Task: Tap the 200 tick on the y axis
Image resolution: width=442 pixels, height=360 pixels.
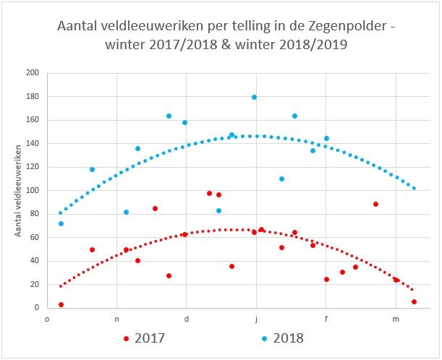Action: pyautogui.click(x=33, y=73)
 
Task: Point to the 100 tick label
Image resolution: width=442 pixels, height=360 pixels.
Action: pyautogui.click(x=33, y=191)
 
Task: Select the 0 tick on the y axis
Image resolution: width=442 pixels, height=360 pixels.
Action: pyautogui.click(x=36, y=308)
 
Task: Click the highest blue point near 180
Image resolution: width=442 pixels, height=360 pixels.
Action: pyautogui.click(x=254, y=97)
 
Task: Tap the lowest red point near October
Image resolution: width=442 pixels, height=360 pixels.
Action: pyautogui.click(x=61, y=305)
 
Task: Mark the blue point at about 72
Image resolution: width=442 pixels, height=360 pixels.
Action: pyautogui.click(x=61, y=223)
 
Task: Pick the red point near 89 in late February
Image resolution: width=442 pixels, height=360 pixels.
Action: pyautogui.click(x=375, y=204)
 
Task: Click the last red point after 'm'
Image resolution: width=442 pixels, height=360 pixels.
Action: pyautogui.click(x=414, y=301)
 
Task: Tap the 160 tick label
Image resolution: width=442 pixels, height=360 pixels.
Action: pyautogui.click(x=33, y=120)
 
